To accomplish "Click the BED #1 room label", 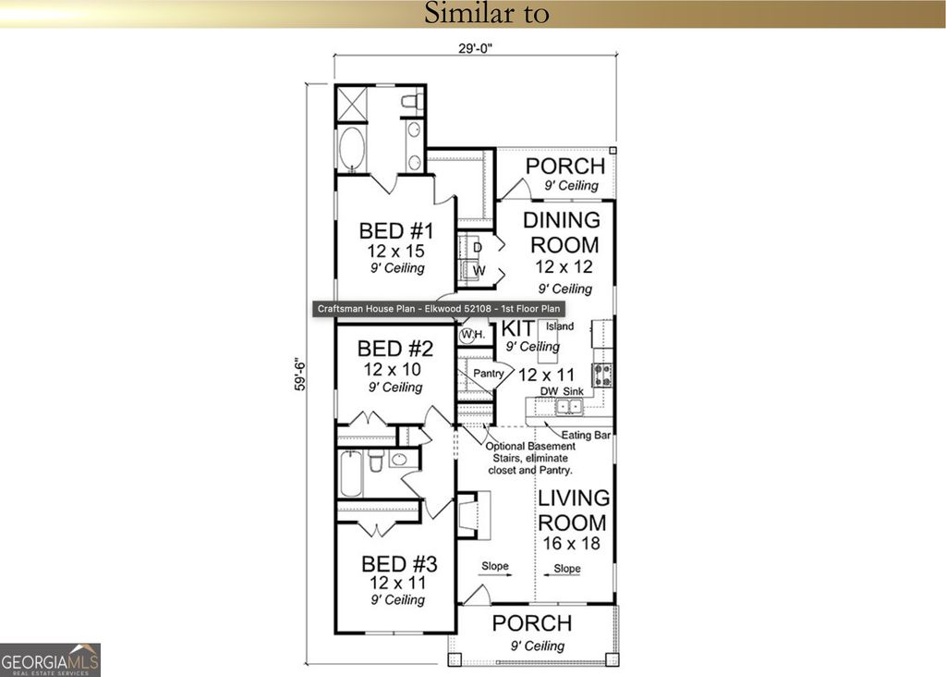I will (x=395, y=231).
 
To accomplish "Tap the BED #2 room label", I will (x=395, y=349).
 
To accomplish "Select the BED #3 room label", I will (x=398, y=563).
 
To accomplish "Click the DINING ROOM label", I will (x=560, y=232).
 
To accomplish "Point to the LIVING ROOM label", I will (x=573, y=511).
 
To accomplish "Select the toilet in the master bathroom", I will (x=411, y=101).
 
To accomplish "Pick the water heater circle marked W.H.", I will (x=470, y=333).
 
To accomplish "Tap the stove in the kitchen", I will (x=601, y=375).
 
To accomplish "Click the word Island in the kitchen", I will (x=559, y=326).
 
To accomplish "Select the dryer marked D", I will (x=477, y=247).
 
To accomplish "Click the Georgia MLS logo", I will (x=50, y=659).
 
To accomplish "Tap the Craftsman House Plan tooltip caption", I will (x=440, y=310).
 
